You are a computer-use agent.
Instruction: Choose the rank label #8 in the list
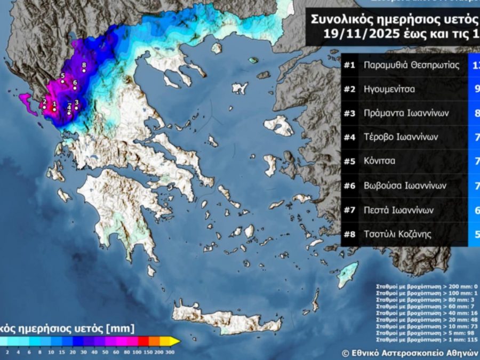point(349,234)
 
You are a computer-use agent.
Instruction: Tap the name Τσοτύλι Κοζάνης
point(398,234)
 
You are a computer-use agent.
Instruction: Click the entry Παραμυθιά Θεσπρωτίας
point(411,65)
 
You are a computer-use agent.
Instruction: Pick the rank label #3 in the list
point(349,113)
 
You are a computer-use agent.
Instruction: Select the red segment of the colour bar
point(142,341)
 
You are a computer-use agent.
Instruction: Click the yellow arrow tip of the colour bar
point(177,341)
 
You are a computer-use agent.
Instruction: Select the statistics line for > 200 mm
point(427,286)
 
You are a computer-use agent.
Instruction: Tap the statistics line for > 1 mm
point(427,339)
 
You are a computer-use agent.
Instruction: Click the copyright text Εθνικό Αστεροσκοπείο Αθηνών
point(413,353)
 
